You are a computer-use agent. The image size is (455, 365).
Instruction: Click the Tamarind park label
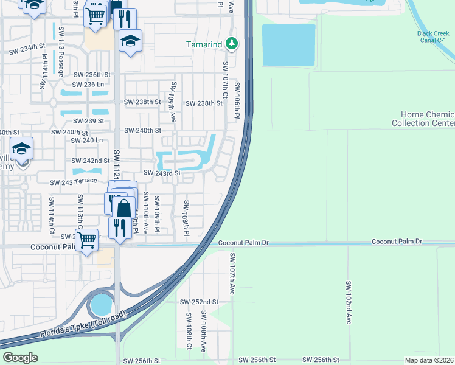(x=204, y=44)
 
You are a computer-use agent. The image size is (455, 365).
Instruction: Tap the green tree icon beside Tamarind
(x=231, y=44)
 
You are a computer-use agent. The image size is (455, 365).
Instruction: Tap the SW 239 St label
(x=88, y=121)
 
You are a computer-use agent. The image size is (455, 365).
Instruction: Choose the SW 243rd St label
(x=162, y=173)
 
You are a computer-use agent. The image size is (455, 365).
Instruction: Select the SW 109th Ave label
(x=173, y=97)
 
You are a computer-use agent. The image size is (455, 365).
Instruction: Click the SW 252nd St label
(x=199, y=302)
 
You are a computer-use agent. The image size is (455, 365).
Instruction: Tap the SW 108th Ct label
(x=189, y=330)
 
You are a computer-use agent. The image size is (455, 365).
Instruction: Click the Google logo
(x=20, y=357)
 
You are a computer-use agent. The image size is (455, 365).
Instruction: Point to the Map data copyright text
(x=429, y=360)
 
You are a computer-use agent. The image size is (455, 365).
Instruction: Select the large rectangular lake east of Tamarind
(x=288, y=45)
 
